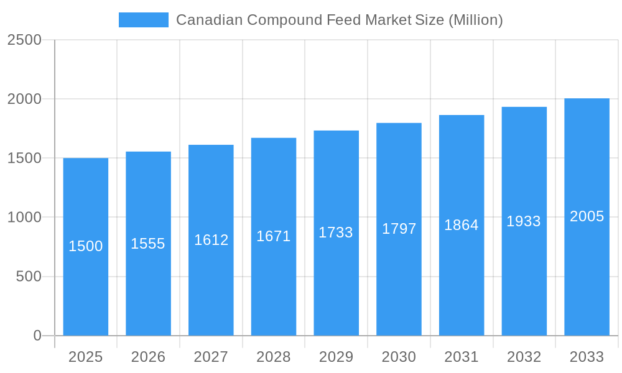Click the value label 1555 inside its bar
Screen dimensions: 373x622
[x=148, y=244]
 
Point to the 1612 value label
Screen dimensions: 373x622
[x=211, y=240]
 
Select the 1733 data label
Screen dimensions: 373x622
[x=336, y=233]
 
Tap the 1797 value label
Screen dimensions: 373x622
[x=399, y=229]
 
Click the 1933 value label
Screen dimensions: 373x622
[x=524, y=221]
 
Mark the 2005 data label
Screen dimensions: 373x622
[x=587, y=216]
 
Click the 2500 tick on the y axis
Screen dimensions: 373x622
[x=24, y=40]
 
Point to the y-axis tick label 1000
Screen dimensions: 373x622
[x=24, y=217]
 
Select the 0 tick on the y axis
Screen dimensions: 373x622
[x=37, y=336]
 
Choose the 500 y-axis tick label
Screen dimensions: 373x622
[x=29, y=277]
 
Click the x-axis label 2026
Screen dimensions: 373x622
[x=148, y=357]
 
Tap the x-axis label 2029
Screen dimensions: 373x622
[x=336, y=357]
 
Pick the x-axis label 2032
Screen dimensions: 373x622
[x=524, y=357]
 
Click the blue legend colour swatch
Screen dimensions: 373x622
[x=144, y=20]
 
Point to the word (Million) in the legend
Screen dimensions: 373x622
[x=475, y=20]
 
